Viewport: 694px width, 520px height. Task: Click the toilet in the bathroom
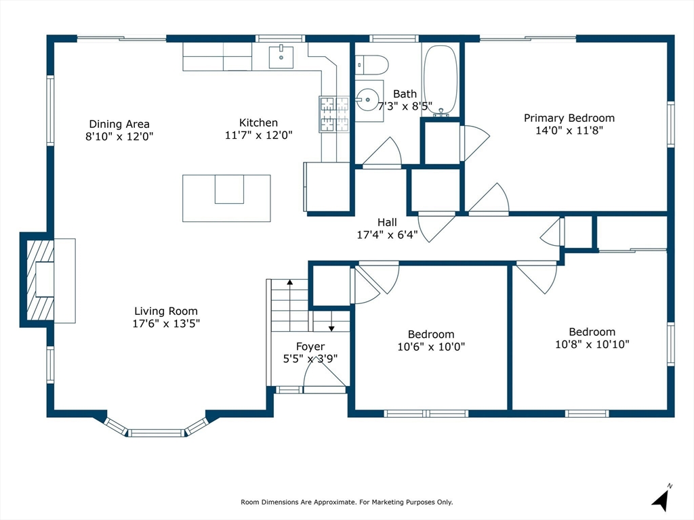pyautogui.click(x=372, y=64)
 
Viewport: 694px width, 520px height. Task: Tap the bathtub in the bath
pyautogui.click(x=441, y=79)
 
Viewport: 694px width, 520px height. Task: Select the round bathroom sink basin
pyautogui.click(x=367, y=100)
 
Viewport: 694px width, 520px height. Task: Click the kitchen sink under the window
pyautogui.click(x=281, y=57)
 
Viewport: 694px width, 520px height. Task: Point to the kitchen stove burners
pyautogui.click(x=334, y=114)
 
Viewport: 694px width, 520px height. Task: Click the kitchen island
pyautogui.click(x=226, y=198)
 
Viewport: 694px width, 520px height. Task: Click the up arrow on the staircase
pyautogui.click(x=290, y=282)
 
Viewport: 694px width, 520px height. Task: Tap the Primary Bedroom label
pyautogui.click(x=569, y=118)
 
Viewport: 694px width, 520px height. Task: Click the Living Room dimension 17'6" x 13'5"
pyautogui.click(x=166, y=324)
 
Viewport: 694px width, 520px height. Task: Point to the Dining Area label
pyautogui.click(x=119, y=125)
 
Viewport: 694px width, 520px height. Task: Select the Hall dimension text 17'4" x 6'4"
pyautogui.click(x=387, y=235)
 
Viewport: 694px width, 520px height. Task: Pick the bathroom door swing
pyautogui.click(x=382, y=152)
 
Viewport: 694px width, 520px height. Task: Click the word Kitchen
pyautogui.click(x=258, y=123)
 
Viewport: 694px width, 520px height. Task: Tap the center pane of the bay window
pyautogui.click(x=157, y=433)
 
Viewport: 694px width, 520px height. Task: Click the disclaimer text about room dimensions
pyautogui.click(x=346, y=502)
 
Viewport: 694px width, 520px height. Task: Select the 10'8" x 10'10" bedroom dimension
pyautogui.click(x=592, y=344)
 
